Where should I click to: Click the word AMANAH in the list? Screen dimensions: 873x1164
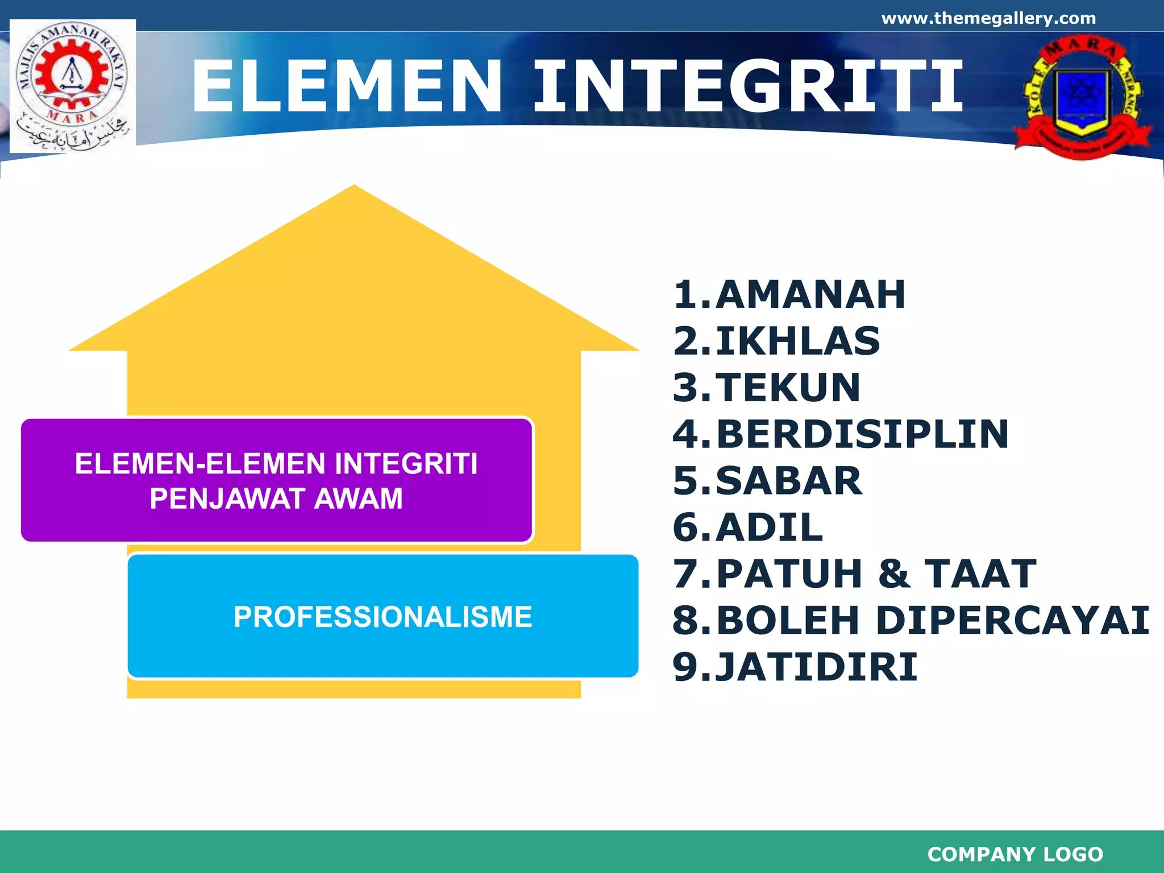coord(810,295)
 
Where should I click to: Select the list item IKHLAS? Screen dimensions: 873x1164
coord(797,342)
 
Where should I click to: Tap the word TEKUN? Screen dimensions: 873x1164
coord(788,388)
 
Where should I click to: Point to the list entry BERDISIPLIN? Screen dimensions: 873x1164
coord(862,435)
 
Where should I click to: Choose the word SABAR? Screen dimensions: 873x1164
coord(789,481)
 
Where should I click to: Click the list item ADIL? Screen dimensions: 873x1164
coord(769,528)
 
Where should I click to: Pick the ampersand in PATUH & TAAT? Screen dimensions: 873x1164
coord(894,574)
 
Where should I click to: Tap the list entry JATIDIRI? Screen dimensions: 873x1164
coord(816,667)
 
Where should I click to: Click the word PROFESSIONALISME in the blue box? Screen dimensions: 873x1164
coord(383,617)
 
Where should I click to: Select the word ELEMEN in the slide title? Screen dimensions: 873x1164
coord(347,87)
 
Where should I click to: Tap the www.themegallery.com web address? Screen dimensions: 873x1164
coord(988,18)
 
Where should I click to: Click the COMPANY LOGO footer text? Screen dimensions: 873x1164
coord(1015,854)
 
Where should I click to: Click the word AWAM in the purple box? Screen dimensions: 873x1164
coord(358,499)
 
